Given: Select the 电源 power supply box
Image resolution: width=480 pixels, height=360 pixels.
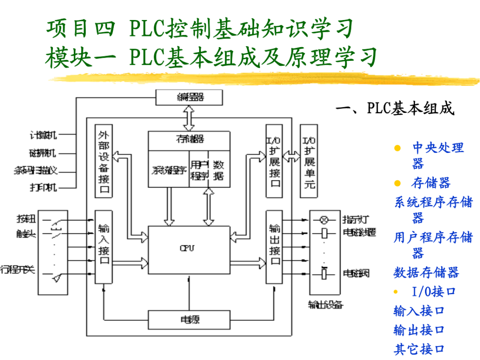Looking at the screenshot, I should [x=188, y=320].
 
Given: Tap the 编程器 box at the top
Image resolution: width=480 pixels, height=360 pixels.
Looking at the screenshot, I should [x=188, y=97].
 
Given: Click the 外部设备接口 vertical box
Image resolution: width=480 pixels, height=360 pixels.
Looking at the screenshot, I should [x=104, y=161].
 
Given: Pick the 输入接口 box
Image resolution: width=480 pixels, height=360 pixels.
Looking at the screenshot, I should [x=104, y=247].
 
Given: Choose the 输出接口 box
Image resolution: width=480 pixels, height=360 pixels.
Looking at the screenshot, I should [x=275, y=247].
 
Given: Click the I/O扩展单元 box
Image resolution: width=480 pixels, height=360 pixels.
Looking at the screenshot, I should [x=309, y=161].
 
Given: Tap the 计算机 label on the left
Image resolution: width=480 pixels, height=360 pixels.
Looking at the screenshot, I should [x=43, y=135].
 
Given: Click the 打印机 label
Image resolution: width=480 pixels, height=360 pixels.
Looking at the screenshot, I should [x=43, y=187].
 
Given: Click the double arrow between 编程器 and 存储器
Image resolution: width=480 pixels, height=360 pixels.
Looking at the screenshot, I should [x=188, y=118].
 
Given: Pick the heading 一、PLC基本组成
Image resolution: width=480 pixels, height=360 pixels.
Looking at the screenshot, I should [x=395, y=109].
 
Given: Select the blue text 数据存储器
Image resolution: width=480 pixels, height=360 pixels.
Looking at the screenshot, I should [x=426, y=272].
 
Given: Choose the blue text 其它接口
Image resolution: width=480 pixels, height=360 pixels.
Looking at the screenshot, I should [x=419, y=349].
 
